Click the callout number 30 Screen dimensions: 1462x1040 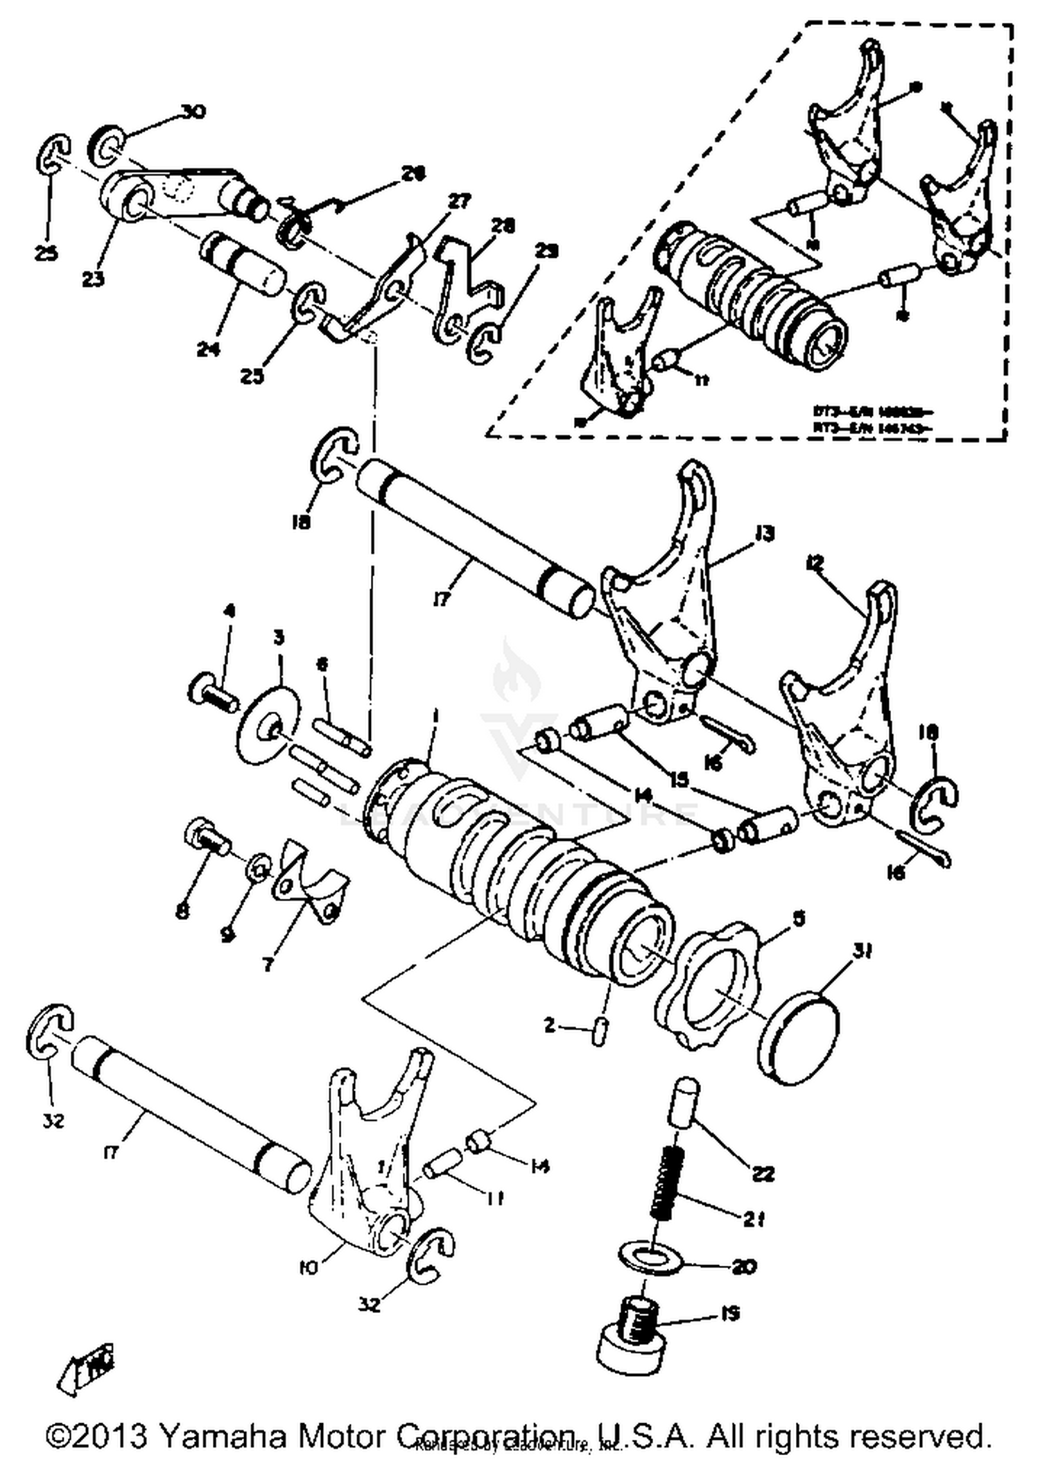click(193, 112)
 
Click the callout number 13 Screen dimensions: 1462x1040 click(765, 533)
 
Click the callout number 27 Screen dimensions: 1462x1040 click(458, 201)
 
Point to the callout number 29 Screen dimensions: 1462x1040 click(547, 251)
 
